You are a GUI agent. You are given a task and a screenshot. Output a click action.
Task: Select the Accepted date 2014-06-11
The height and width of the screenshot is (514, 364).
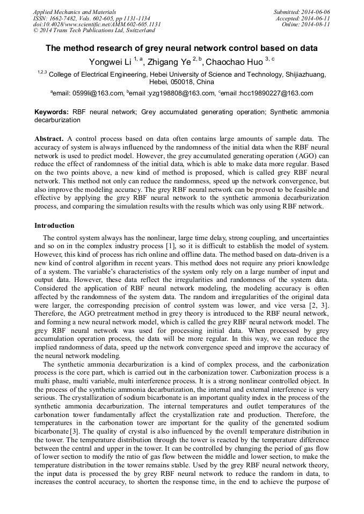pyautogui.click(x=316, y=18)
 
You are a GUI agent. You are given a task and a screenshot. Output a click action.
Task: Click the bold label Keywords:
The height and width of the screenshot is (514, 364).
pyautogui.click(x=51, y=112)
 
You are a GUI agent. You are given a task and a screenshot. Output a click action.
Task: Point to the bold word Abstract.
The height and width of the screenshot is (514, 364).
pyautogui.click(x=49, y=139)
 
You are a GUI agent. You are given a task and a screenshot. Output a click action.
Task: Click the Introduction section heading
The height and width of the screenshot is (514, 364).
pyautogui.click(x=54, y=226)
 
